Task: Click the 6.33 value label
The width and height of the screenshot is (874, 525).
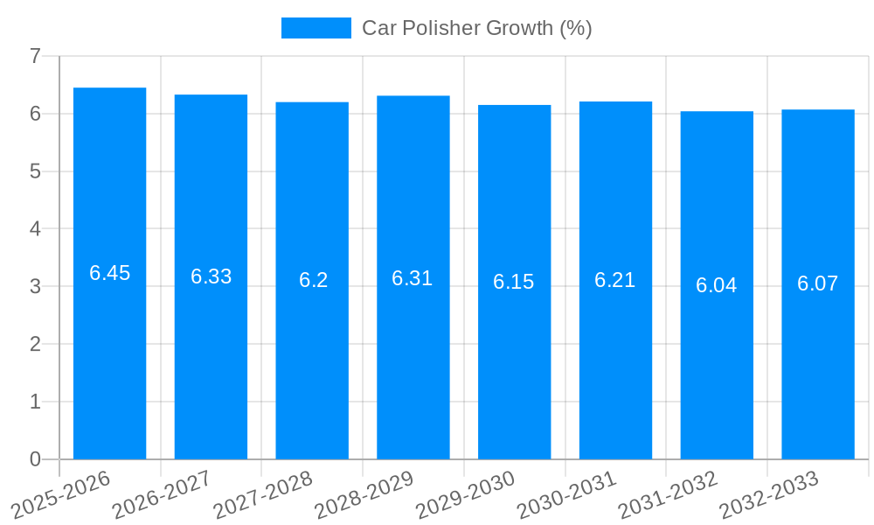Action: pyautogui.click(x=211, y=276)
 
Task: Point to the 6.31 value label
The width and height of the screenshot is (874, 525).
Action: pyautogui.click(x=412, y=278)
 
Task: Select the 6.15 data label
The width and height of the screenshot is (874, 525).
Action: pyautogui.click(x=513, y=282)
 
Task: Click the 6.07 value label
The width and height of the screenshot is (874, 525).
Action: pyautogui.click(x=817, y=283)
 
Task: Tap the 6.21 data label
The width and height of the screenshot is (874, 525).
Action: pyautogui.click(x=614, y=280)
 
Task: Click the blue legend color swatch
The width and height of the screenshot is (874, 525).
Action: pyautogui.click(x=316, y=28)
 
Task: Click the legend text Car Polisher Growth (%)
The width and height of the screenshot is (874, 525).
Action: pyautogui.click(x=476, y=28)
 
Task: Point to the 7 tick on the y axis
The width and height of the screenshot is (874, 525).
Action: pyautogui.click(x=35, y=56)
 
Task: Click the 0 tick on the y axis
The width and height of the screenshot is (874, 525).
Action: pyautogui.click(x=35, y=459)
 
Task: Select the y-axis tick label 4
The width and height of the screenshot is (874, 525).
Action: pyautogui.click(x=35, y=229)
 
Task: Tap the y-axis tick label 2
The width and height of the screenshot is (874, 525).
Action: pyautogui.click(x=35, y=344)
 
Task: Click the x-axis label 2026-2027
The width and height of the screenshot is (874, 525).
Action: pyautogui.click(x=163, y=494)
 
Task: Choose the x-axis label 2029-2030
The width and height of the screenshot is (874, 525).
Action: pyautogui.click(x=466, y=494)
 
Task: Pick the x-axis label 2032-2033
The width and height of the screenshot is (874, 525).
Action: pyautogui.click(x=769, y=494)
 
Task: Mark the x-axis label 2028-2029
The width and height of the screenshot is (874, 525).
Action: pyautogui.click(x=364, y=494)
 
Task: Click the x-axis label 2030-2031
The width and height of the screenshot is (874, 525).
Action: pyautogui.click(x=567, y=494)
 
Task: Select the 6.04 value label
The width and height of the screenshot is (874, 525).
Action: pyautogui.click(x=716, y=285)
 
